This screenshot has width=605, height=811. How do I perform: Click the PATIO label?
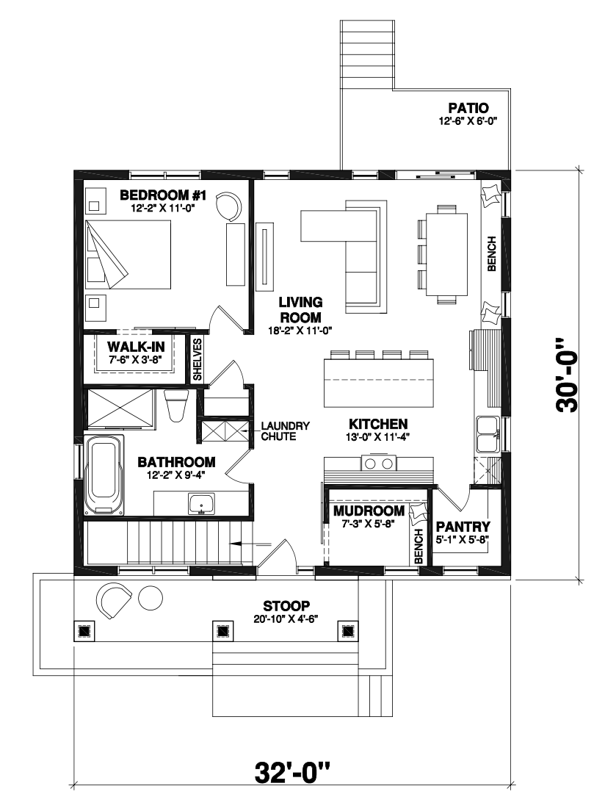tap(468, 109)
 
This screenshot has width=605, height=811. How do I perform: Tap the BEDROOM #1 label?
tap(163, 195)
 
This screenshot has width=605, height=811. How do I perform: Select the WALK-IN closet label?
tap(136, 346)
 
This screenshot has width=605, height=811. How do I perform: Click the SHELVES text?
tap(198, 359)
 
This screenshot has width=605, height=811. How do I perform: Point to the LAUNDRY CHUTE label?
tap(285, 430)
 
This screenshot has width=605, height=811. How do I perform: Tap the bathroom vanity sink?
tap(202, 504)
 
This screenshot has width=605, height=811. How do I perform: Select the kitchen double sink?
tap(488, 436)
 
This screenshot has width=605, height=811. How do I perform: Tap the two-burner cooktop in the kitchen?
tap(379, 464)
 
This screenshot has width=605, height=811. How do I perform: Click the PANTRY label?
tap(463, 527)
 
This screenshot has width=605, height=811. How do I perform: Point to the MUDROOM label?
tap(369, 511)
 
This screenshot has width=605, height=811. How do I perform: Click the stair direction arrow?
tap(250, 544)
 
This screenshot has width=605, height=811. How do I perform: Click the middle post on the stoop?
tap(222, 631)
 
